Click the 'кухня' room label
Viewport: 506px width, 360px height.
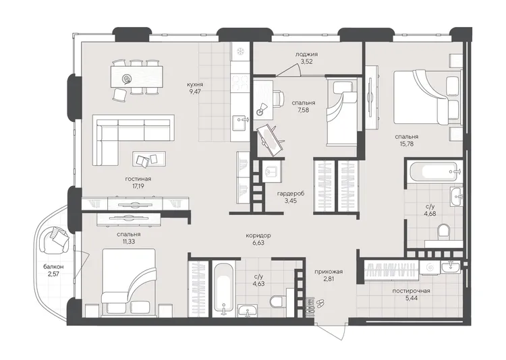[x=195, y=84]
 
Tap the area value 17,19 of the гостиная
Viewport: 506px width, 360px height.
[x=138, y=186]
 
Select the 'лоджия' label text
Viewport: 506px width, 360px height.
[x=306, y=54]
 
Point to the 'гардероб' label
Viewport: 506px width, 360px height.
[x=290, y=193]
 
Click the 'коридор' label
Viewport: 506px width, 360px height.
[x=258, y=235]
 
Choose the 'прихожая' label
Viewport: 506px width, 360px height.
[x=329, y=272]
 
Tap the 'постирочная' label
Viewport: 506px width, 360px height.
[x=411, y=291]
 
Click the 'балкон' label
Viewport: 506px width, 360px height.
[x=53, y=267]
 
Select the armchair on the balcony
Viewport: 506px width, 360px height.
[x=53, y=239]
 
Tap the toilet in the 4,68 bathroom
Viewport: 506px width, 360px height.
[x=444, y=233]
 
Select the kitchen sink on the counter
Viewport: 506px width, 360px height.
[x=240, y=122]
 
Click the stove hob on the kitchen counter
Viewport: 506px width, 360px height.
[x=240, y=83]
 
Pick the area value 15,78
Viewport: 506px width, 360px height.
[x=406, y=144]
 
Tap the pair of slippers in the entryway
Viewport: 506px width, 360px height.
[x=320, y=303]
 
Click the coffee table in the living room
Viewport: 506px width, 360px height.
[x=149, y=159]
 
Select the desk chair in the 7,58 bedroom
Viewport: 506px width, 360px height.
[x=278, y=97]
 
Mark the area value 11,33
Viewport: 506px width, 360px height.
[x=129, y=241]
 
